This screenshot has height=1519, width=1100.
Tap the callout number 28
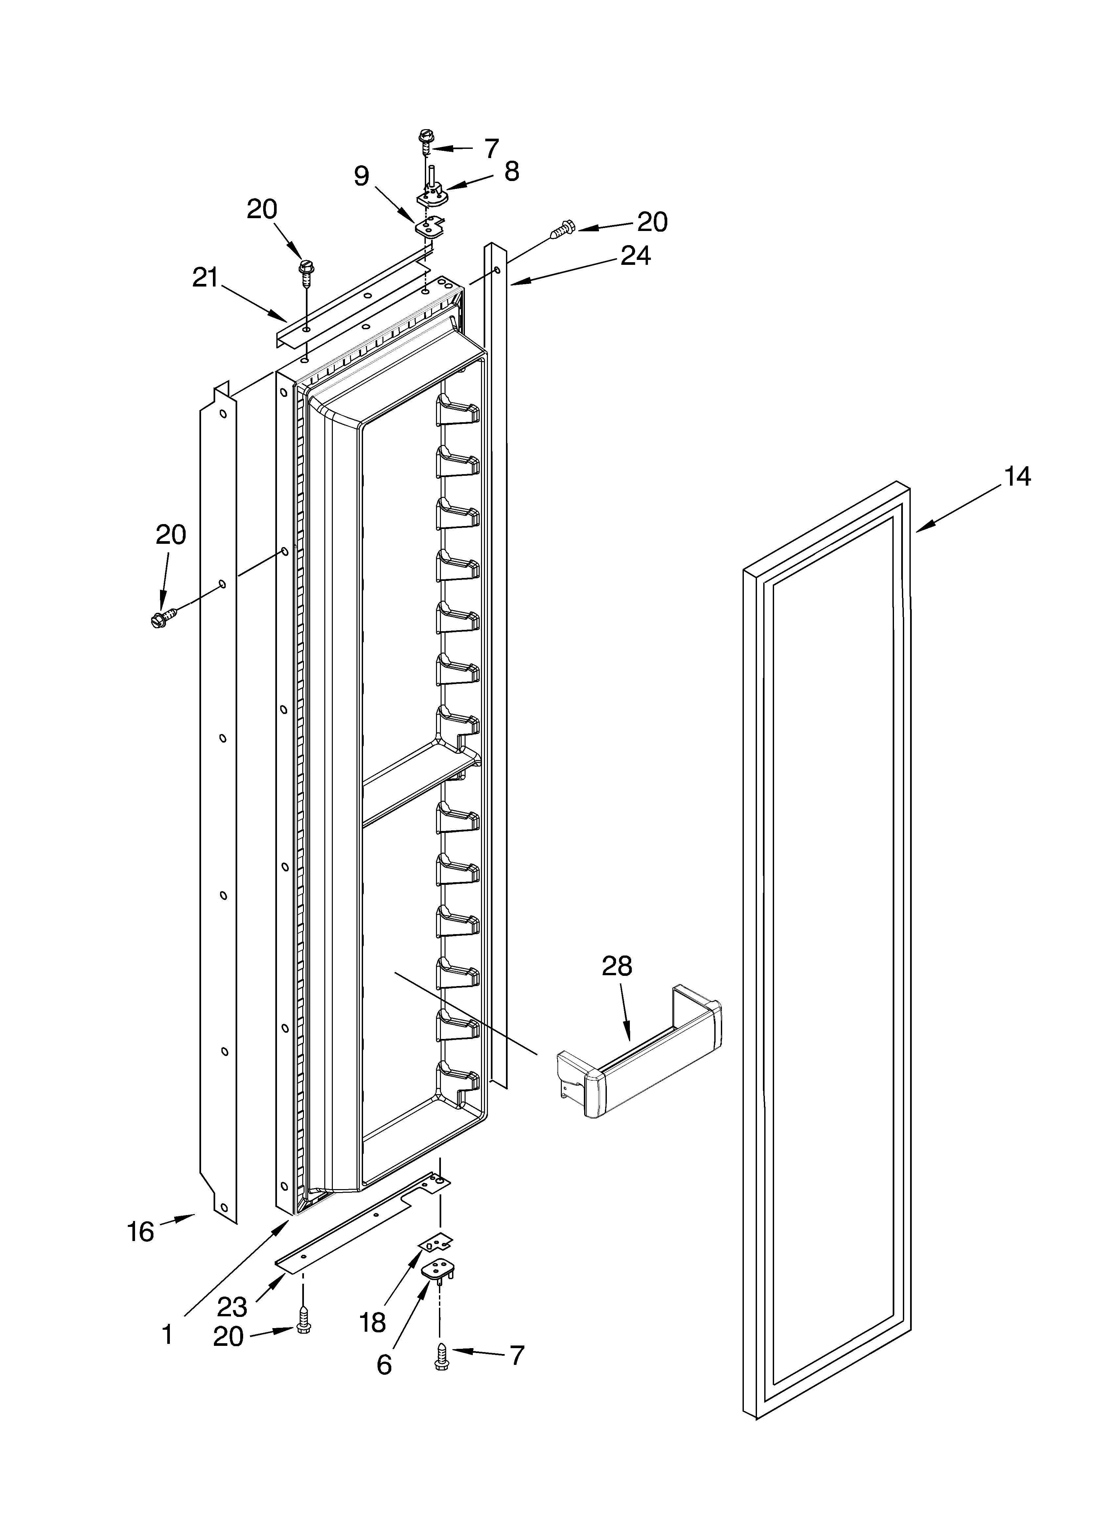point(616,966)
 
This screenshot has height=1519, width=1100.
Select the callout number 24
point(635,256)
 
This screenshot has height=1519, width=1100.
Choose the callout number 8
point(511,172)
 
